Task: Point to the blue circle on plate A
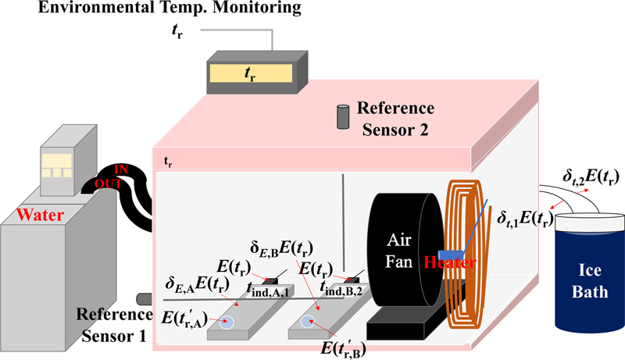pos(226,321)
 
